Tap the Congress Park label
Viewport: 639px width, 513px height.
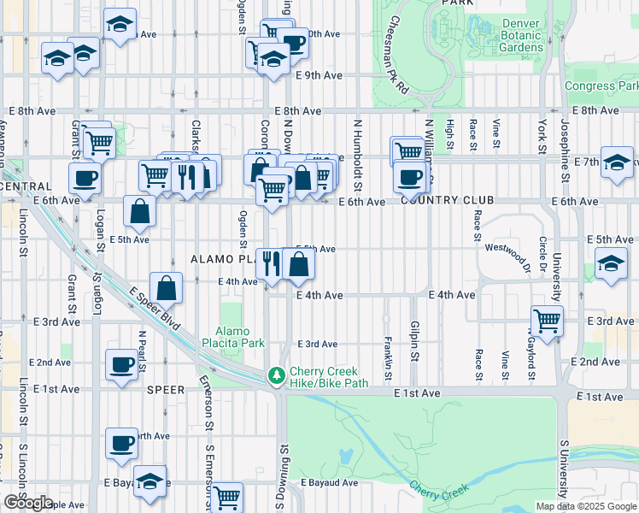tap(601, 86)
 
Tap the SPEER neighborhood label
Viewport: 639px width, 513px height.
tap(166, 389)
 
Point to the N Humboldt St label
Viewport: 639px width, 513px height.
tap(356, 154)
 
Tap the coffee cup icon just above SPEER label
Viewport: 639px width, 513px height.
tap(121, 364)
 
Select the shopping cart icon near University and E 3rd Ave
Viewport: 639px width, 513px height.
tap(547, 321)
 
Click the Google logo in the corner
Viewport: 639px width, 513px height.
tap(28, 503)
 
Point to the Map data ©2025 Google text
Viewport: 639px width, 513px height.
tap(586, 506)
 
